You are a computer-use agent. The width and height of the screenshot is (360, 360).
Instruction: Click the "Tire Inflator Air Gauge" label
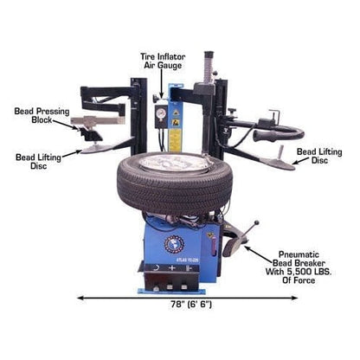coord(163,60)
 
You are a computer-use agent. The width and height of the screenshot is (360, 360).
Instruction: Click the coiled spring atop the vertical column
coord(208,65)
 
